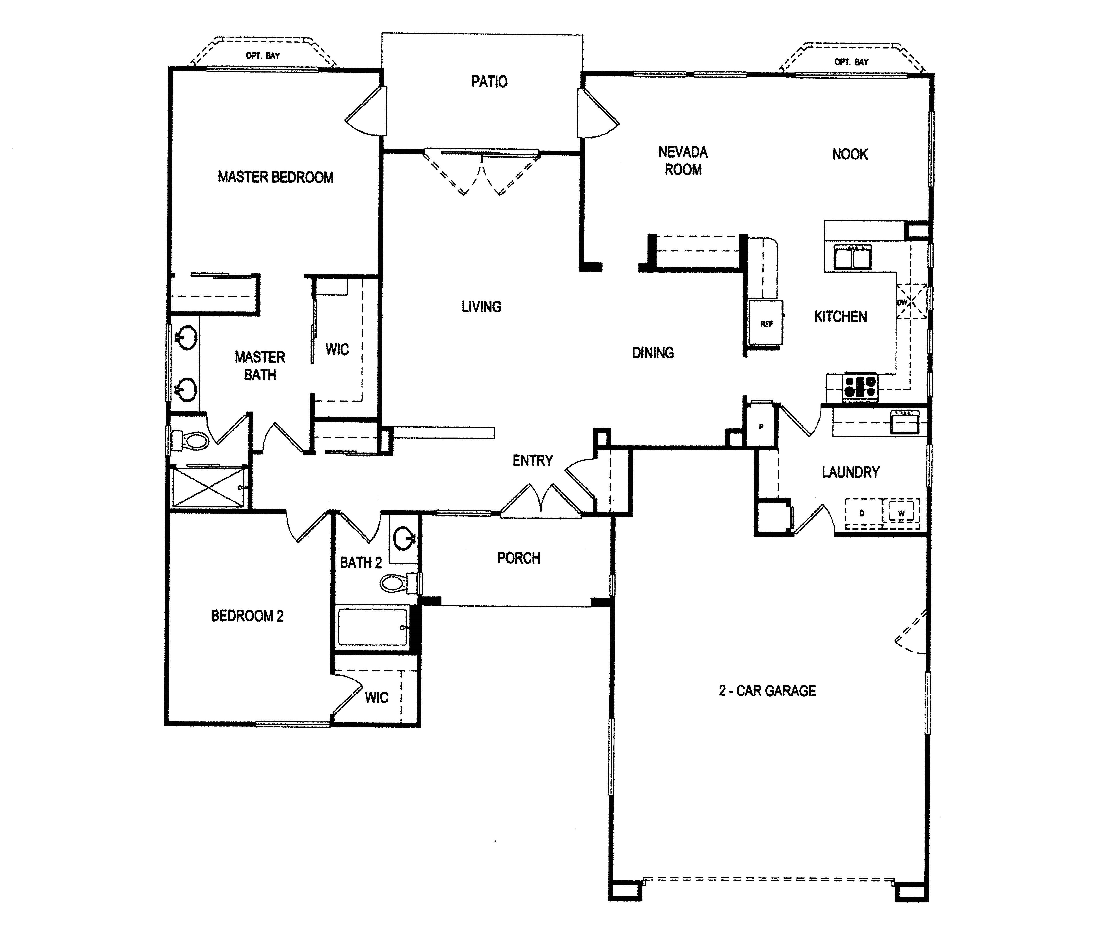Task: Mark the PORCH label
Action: (518, 558)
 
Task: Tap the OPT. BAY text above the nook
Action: (851, 62)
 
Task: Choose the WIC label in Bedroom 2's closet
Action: (376, 697)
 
